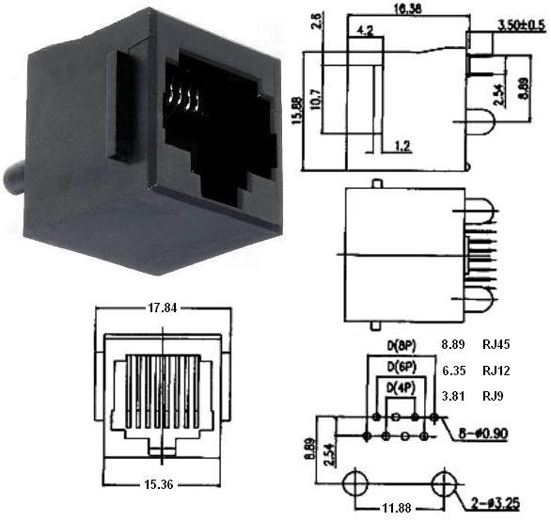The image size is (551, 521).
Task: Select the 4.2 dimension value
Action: click(364, 31)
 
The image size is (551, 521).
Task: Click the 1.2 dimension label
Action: click(402, 146)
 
